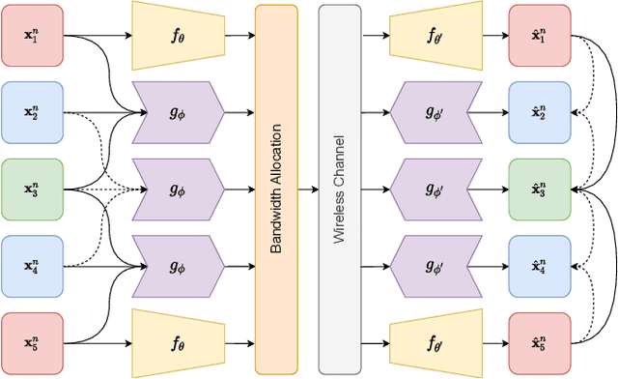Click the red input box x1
coord(33,36)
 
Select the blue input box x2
coord(33,112)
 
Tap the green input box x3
coord(33,189)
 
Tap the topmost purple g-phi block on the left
coord(177,112)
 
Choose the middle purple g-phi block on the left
coord(177,189)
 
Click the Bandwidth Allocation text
coord(276,189)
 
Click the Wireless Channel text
coord(339,189)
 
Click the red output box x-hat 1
coord(540,36)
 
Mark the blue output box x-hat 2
coord(540,112)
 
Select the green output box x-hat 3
coord(540,189)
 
